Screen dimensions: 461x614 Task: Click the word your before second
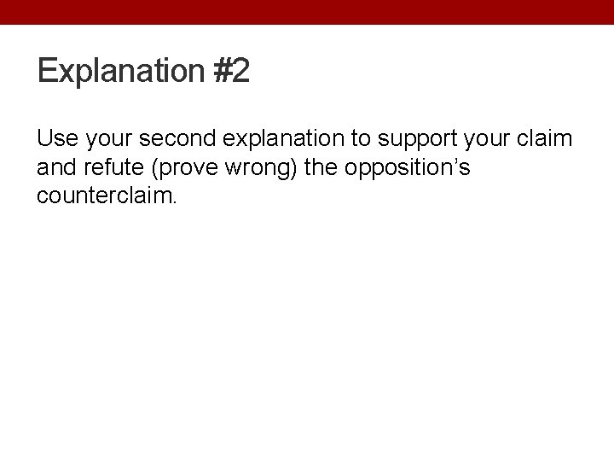click(x=105, y=138)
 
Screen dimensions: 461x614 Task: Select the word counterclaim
click(x=105, y=196)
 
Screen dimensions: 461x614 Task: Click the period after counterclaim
click(x=176, y=202)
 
